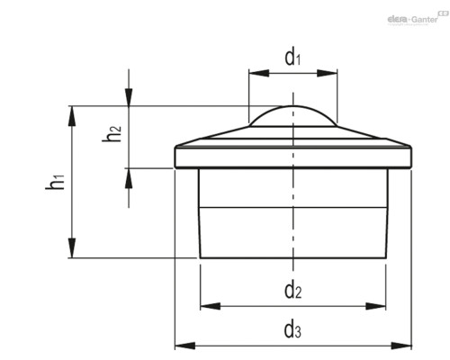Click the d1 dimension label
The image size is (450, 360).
point(292,58)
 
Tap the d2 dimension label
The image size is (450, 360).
point(292,291)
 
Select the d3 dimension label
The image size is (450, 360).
point(292,330)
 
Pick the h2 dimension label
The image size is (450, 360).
point(112,133)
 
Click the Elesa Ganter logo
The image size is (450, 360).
point(417,18)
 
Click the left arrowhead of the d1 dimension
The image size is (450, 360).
point(258,73)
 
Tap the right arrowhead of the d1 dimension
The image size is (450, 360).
point(327,73)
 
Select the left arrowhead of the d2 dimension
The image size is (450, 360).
point(210,306)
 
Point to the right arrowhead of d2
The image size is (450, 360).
point(375,306)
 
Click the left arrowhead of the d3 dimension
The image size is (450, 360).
point(185,346)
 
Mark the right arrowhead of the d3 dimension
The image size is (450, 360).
point(401,346)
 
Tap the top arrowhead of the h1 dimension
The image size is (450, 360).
point(72,116)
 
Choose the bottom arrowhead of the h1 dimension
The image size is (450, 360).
point(72,247)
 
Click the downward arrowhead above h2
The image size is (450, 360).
point(129,97)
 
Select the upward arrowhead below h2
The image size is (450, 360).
point(129,178)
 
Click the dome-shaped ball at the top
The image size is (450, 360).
point(293,115)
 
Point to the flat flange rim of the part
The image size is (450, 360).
point(293,157)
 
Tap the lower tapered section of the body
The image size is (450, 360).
point(293,232)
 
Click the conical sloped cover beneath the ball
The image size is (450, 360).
point(293,137)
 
